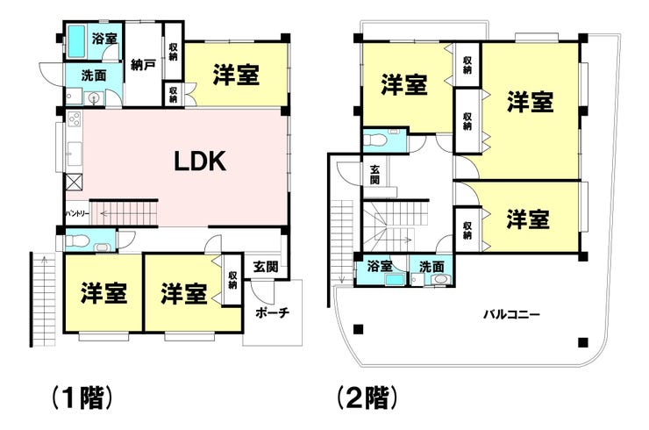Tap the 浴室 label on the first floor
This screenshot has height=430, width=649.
pos(104,39)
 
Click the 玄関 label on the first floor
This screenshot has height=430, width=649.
pos(266,266)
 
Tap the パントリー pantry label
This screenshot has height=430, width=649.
pos(77,213)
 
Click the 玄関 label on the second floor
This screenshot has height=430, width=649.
pos(374,173)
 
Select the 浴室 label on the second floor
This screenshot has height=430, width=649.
pos(381,266)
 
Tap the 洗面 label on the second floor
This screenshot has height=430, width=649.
pos(431,266)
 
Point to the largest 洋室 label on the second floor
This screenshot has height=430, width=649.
pos(530,102)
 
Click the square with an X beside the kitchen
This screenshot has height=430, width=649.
pos(74,183)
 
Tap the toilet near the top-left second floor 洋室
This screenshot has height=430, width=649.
pos(375,139)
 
